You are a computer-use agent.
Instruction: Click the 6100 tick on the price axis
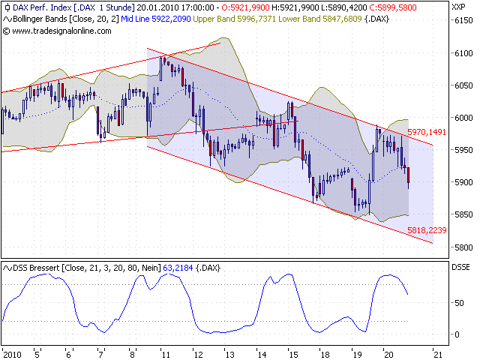tap(460, 53)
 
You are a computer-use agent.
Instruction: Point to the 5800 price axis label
tap(460, 247)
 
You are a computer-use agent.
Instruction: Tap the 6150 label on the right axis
tap(460, 21)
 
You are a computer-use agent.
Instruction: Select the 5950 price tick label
tap(460, 150)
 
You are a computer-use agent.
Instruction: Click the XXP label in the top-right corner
tap(459, 7)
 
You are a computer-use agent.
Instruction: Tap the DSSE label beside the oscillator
tap(460, 267)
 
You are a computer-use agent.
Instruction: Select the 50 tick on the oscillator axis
tap(456, 302)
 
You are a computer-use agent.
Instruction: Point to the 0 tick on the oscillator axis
tap(454, 334)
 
